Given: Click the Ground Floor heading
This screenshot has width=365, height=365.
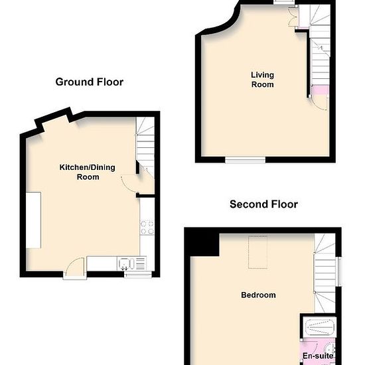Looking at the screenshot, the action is pos(90,82).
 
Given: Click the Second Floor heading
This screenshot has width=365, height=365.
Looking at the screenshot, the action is pos(263,204).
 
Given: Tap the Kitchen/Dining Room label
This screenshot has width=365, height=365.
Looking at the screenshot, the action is pos(88,172).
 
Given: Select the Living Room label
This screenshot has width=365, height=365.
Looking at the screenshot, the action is pos(262,80).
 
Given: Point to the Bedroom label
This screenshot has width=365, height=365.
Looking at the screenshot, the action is pos(258,295).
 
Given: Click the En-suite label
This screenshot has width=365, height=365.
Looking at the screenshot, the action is pos(318,356).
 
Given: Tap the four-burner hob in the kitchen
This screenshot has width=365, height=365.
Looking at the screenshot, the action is pos(147,227).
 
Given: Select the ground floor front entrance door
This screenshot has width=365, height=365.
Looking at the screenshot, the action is pos(75,267).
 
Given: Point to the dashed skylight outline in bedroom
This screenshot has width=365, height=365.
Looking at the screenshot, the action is pos(257,252).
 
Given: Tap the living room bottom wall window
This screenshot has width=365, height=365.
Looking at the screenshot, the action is pos(245,160).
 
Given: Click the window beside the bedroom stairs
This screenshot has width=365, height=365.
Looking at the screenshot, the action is pos(340,271).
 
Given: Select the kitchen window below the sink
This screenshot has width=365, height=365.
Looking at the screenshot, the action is pos(138,275).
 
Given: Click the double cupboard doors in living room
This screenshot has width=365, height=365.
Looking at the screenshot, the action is pos(293,17).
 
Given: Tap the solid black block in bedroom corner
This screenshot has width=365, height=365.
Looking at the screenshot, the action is pos(202,242).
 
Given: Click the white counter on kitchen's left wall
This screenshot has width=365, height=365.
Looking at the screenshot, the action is pos(34,220).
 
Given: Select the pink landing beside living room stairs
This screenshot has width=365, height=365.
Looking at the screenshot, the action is pos(320,90).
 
